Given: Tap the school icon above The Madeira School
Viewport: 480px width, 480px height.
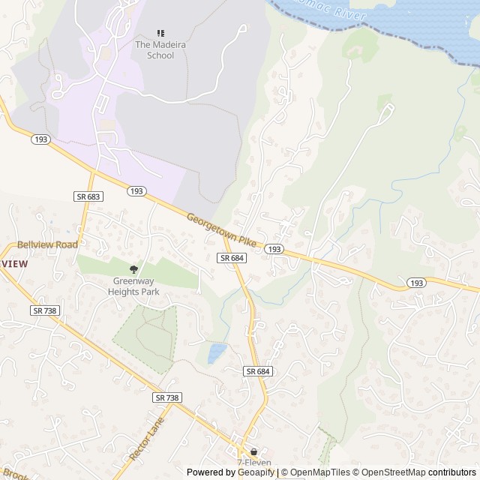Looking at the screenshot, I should pos(160,33).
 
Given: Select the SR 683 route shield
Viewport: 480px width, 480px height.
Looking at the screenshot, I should pos(88,196).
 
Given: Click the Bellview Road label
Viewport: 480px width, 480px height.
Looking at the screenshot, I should pos(47,244).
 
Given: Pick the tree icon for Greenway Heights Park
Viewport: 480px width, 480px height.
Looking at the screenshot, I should pos(134,269).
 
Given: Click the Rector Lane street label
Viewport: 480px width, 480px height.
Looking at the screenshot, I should pos(145,439).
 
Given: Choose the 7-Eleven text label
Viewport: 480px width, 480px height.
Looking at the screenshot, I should pos(253,463).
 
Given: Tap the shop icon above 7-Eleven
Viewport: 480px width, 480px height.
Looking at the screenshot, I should pos(253,452).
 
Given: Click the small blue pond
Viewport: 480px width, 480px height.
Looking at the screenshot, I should pos(217,352).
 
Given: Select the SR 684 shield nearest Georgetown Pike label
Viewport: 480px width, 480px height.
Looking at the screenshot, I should pos(231,258).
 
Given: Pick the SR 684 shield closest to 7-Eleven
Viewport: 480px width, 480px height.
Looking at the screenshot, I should pos(256,371).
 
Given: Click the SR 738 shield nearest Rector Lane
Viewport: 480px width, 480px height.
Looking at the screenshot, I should pos(167,397).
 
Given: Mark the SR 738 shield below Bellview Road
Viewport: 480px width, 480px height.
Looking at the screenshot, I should pos(45,310).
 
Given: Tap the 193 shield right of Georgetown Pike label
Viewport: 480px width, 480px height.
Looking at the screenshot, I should pos(274,249).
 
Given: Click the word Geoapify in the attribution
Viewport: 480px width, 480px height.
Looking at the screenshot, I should pos(256,472).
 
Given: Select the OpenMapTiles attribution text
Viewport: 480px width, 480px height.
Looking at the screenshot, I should pos(318,472).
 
